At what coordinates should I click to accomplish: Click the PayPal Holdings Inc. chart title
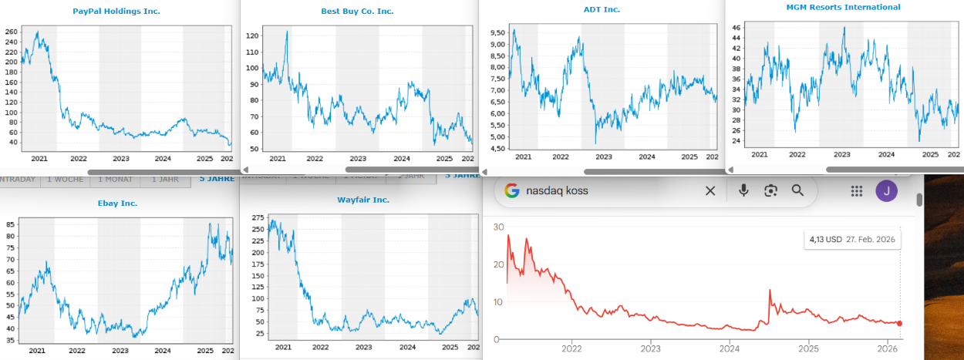[116, 11]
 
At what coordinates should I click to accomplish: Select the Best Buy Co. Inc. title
[357, 11]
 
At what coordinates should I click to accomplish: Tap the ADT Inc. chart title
[602, 9]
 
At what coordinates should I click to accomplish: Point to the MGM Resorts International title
[843, 7]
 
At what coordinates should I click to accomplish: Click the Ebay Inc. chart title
[117, 204]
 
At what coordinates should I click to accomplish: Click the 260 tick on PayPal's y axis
[11, 32]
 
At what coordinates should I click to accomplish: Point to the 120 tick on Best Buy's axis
[252, 36]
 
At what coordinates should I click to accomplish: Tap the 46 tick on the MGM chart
[736, 28]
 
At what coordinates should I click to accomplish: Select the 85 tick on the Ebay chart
[11, 224]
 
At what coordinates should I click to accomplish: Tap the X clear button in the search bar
[710, 190]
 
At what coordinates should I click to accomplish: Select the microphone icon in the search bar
[743, 190]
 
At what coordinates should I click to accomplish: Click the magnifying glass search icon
[798, 190]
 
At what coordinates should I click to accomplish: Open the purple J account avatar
[887, 190]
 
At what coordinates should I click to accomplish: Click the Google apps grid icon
[856, 190]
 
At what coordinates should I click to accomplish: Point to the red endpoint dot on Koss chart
[900, 323]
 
